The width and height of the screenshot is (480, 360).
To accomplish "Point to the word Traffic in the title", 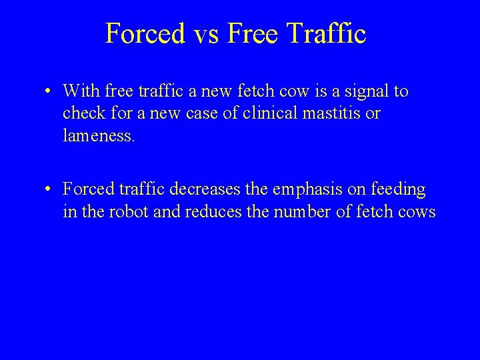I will click(x=328, y=34).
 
